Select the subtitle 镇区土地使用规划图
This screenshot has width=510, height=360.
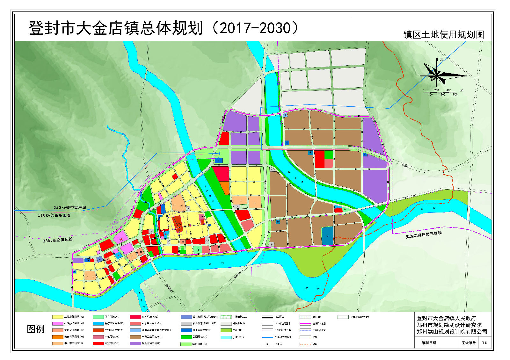[443, 35]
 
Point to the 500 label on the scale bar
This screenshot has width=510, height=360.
[455, 95]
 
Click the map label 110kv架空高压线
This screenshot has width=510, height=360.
[54, 215]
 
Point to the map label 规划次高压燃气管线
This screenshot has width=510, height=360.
[424, 235]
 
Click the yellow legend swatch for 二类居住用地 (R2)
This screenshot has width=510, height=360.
[58, 317]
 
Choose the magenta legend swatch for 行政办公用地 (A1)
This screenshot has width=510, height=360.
[58, 324]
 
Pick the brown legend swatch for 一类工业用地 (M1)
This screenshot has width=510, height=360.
[135, 337]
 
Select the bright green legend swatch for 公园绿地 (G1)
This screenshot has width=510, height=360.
[186, 337]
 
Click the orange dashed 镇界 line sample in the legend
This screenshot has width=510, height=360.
[305, 344]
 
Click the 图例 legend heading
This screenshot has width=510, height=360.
[36, 329]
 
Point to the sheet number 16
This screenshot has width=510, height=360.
[484, 343]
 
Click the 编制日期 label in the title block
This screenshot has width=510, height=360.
[428, 343]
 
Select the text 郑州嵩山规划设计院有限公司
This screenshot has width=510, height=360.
[452, 332]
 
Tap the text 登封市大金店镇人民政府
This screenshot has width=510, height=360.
[446, 318]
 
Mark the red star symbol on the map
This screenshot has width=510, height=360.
[120, 239]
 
